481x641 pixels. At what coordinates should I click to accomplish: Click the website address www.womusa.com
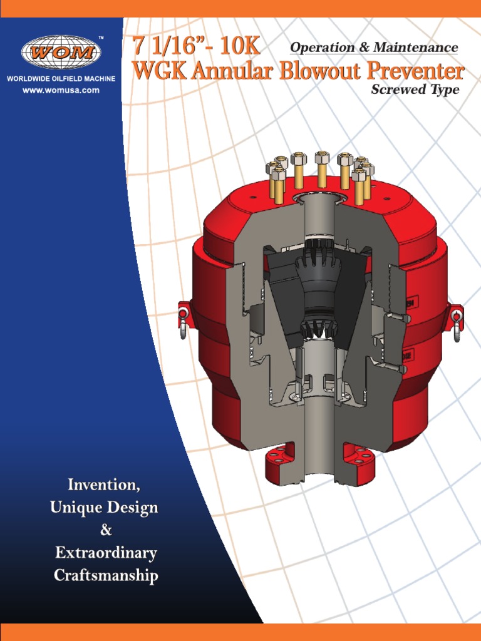(x=61, y=90)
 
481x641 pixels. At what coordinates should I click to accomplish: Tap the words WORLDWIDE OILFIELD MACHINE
(x=61, y=80)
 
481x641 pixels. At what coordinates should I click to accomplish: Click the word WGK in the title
(x=160, y=72)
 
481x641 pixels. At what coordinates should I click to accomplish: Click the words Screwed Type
(x=415, y=90)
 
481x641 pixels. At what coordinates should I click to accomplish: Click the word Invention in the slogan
(x=104, y=485)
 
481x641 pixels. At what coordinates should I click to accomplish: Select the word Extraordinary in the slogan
(x=106, y=553)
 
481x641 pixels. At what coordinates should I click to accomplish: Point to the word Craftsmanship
(x=106, y=575)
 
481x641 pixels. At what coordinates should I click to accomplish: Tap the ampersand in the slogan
(x=106, y=530)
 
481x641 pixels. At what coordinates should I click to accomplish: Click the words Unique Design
(x=104, y=508)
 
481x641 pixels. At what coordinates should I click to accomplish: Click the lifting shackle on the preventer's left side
(x=184, y=319)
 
